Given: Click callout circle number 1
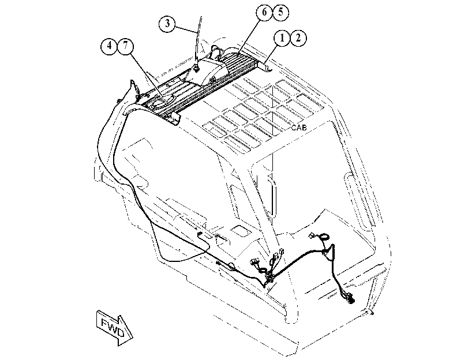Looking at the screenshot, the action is [282, 38].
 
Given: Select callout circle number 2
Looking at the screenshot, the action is [298, 38].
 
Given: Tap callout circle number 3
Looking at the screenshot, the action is [167, 23].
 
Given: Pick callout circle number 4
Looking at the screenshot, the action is [110, 46].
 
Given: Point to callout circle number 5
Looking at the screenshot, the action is [280, 13].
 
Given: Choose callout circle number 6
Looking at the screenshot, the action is [264, 13].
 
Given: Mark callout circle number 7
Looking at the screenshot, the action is [126, 46].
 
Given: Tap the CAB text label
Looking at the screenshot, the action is [299, 127].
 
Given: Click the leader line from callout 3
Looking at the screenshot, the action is [186, 30].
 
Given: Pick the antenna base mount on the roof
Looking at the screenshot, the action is [196, 68].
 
